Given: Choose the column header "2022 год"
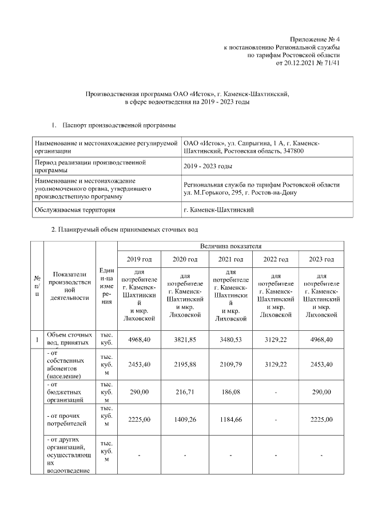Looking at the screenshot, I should pos(275,259).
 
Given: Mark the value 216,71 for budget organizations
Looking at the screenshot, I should pos(184,392).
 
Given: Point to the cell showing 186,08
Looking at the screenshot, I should pos(230,392).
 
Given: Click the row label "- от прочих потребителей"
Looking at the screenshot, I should pos(69,420).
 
